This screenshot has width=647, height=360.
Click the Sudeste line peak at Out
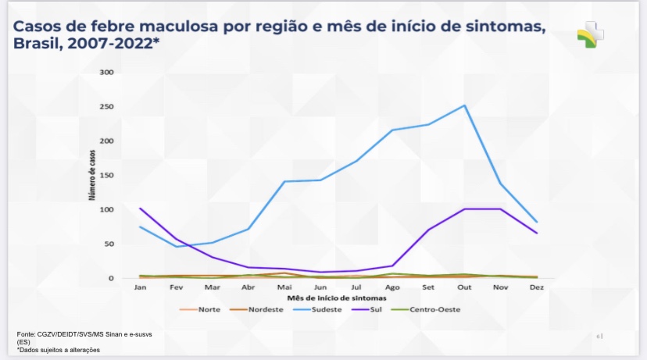click(465, 105)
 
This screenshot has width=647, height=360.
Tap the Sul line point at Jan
click(141, 209)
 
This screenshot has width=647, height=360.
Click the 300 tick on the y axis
click(106, 73)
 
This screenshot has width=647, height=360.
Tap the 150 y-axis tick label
click(106, 176)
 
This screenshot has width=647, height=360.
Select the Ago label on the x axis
click(392, 287)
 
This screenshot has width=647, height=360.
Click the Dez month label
click(536, 287)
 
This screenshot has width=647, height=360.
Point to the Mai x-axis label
click(284, 287)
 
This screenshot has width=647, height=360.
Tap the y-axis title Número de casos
click(92, 176)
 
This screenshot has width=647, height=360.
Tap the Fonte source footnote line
click(84, 334)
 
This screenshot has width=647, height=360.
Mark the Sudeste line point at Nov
click(500, 184)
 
